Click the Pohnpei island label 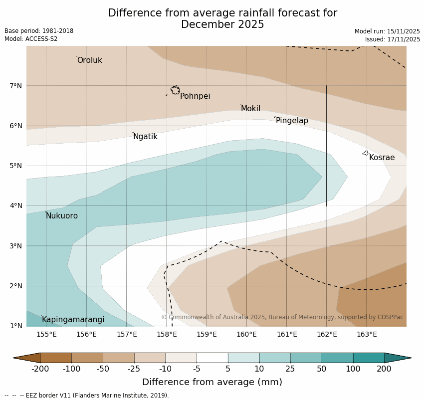point(195,96)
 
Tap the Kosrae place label point(382,158)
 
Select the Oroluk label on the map point(89,60)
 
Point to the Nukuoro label point(62,216)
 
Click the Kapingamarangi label point(73,320)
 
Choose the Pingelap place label point(292,121)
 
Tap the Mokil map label point(250,109)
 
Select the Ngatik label point(145,137)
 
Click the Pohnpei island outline point(175,90)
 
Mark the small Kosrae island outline point(366,153)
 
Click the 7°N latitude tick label point(16,86)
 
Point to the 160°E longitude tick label point(246,334)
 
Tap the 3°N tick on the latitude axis point(16,246)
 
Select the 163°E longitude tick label point(367,334)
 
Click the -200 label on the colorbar point(40,369)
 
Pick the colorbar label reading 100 point(353,369)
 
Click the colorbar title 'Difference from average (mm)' point(212,382)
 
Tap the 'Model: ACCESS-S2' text point(31,39)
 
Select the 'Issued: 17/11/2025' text point(392,39)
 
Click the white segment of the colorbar point(212,358)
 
